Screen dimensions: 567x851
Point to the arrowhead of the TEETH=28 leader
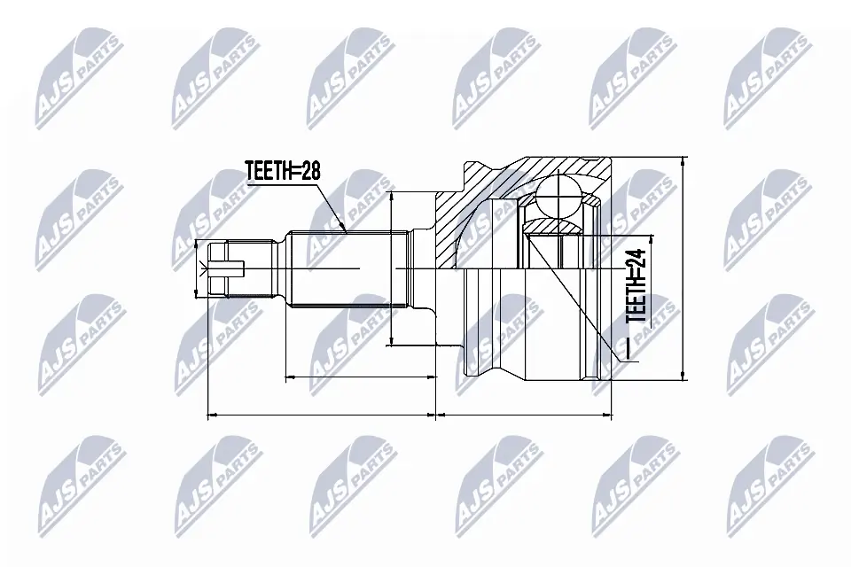[345, 229]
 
